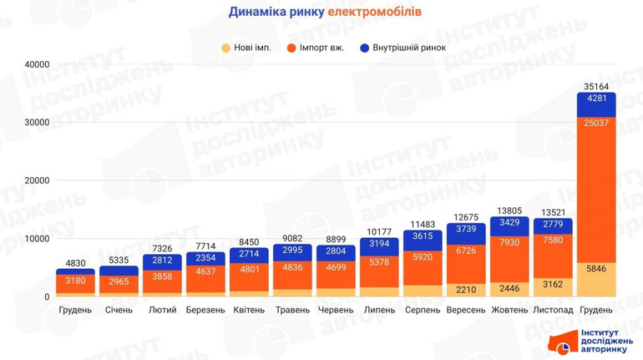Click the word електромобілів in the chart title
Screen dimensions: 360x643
(x=374, y=13)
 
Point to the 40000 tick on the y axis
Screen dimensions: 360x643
(x=36, y=64)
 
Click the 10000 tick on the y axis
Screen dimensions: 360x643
(x=36, y=239)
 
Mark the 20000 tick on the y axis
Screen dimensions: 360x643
(x=36, y=180)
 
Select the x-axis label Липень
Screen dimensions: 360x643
(x=379, y=310)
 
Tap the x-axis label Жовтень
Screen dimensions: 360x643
(x=509, y=310)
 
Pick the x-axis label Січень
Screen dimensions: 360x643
(x=119, y=310)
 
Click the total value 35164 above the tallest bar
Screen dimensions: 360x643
(x=596, y=86)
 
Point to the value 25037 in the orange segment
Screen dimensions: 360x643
(x=596, y=124)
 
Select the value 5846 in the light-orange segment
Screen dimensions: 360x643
(x=596, y=269)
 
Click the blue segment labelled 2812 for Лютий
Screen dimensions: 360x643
(x=162, y=261)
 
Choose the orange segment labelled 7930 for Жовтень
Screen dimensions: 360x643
(x=509, y=243)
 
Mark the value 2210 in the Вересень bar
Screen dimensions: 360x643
(x=466, y=290)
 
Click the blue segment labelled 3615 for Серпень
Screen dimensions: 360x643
(x=423, y=237)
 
